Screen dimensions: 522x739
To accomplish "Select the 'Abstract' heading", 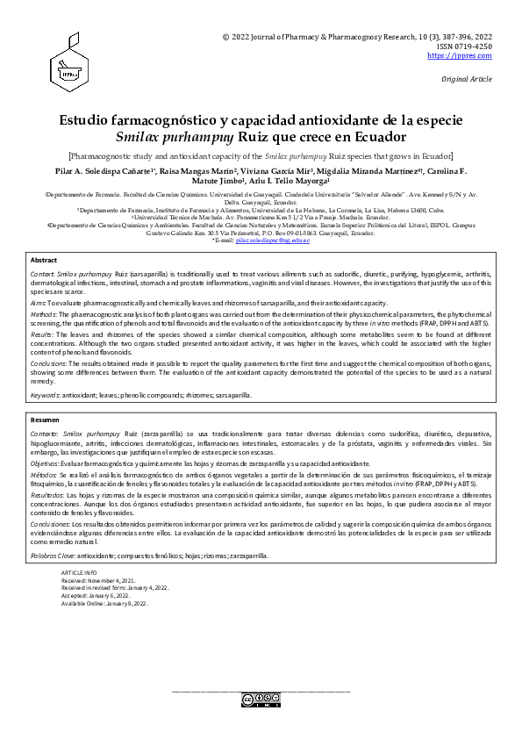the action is tap(44, 261).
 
